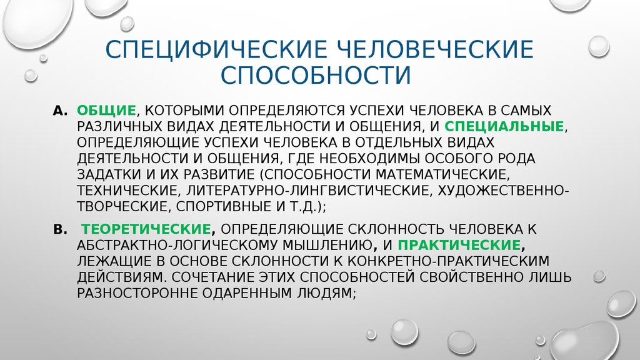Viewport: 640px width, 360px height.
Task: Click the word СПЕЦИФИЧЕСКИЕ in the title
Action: point(216,49)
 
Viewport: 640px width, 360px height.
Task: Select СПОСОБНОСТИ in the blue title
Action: point(316,75)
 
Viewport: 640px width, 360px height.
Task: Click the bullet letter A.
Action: point(59,111)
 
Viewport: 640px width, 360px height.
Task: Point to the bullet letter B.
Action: point(60,229)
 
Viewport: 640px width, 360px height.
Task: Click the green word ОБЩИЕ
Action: point(106,111)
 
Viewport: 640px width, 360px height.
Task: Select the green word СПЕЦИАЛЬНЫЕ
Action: point(504,126)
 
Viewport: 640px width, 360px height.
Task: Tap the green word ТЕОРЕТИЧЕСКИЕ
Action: point(146,229)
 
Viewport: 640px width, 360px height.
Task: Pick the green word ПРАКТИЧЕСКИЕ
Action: point(459,245)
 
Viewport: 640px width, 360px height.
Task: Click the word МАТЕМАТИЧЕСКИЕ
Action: point(442,174)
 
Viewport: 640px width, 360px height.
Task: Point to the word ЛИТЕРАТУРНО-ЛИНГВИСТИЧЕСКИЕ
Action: point(309,191)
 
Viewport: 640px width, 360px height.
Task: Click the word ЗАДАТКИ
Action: point(108,175)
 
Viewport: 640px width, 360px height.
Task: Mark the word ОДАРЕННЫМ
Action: point(247,294)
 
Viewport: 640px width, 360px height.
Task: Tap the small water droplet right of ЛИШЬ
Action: point(599,276)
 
